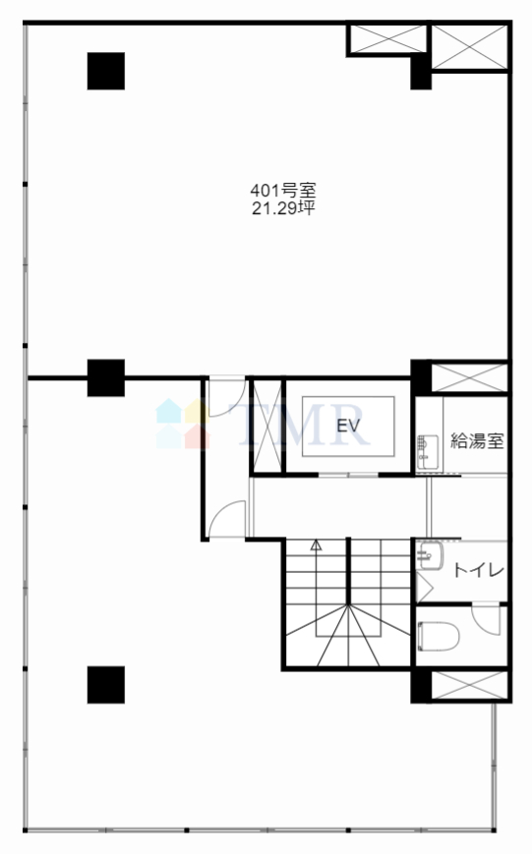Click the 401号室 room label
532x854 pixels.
click(x=283, y=191)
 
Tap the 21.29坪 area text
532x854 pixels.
click(x=283, y=208)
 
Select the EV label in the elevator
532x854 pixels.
click(x=348, y=426)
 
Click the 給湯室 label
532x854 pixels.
click(x=477, y=440)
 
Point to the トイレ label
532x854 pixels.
click(x=479, y=570)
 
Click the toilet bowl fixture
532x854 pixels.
click(x=438, y=636)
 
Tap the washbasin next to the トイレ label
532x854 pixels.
click(x=430, y=555)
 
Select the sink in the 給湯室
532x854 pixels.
click(x=428, y=452)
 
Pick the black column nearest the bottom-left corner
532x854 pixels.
click(x=106, y=685)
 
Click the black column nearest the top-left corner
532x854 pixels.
click(x=106, y=71)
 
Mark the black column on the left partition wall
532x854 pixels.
click(x=106, y=378)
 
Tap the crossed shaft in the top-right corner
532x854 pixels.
click(x=469, y=47)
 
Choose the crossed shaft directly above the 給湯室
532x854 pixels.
click(x=469, y=377)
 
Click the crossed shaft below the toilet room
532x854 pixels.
click(x=469, y=685)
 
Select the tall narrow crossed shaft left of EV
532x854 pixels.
click(x=266, y=426)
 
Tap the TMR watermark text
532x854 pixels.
click(x=299, y=425)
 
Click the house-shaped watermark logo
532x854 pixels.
click(x=183, y=424)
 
